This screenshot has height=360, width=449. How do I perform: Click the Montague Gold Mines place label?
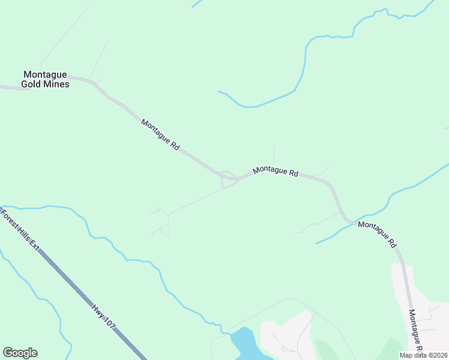tap(45, 79)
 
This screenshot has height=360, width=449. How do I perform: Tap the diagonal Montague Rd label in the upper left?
tap(161, 134)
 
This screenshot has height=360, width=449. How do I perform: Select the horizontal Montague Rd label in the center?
tap(276, 171)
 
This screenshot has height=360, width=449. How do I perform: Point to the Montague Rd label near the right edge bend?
tap(378, 235)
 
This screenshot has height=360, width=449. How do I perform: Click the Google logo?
tap(20, 353)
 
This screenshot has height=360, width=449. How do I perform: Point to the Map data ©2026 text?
tap(423, 355)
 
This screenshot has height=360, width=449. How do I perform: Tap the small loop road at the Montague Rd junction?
tap(228, 179)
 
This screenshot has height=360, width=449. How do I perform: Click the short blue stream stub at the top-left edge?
tap(196, 4)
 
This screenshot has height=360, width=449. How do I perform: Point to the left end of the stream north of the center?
tap(220, 92)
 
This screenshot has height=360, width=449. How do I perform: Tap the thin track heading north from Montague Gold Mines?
tap(99, 60)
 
